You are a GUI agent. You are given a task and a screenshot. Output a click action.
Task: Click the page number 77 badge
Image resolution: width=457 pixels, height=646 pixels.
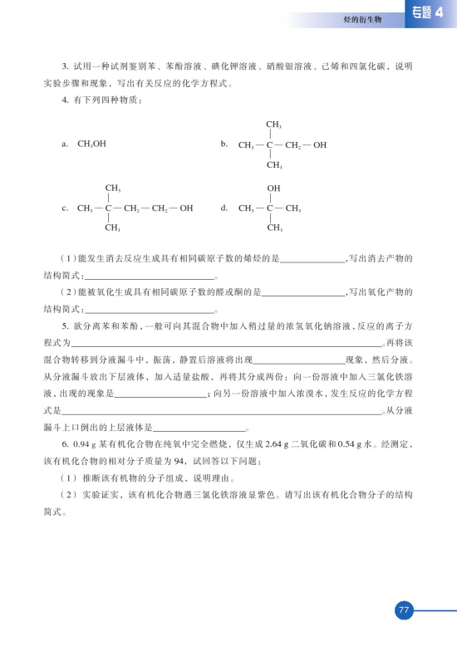point(403,611)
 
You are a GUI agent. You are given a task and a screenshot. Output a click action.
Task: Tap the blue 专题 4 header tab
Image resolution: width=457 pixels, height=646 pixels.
point(430,12)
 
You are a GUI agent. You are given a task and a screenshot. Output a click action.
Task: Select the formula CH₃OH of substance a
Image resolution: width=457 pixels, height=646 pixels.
point(91,144)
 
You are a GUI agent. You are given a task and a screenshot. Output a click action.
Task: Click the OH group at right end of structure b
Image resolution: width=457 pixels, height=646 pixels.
point(319,144)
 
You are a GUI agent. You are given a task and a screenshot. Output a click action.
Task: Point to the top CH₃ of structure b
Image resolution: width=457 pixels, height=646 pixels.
point(273,124)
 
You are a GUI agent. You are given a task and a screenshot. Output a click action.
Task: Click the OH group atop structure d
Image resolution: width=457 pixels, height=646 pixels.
point(273,188)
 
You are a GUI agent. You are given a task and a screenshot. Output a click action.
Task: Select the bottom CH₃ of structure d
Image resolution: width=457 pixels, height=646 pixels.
point(273,228)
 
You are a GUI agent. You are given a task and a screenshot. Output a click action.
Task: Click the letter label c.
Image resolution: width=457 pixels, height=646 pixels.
point(64,208)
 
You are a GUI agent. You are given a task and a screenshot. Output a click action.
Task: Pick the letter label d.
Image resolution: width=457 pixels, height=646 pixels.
point(224,208)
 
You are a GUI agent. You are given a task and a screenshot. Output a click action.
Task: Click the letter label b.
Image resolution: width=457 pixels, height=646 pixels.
point(224,144)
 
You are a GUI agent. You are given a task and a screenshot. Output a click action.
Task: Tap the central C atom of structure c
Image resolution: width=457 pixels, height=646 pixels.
point(109,208)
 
